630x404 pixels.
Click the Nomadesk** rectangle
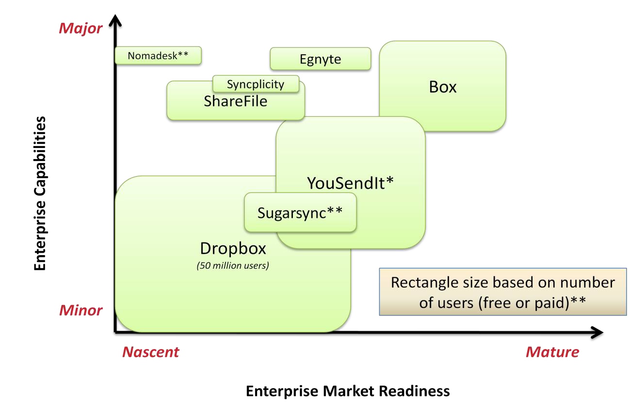point(158,55)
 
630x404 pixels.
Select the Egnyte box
point(320,59)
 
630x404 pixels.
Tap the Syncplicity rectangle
point(256,84)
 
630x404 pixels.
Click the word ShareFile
point(236,101)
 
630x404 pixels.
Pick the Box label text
point(443,87)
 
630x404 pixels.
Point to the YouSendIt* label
point(350,183)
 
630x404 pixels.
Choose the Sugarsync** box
point(300,212)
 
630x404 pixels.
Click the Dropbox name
point(233,248)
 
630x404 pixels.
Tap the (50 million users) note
point(233,266)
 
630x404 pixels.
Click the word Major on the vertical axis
point(81,28)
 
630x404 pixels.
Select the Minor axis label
point(81,310)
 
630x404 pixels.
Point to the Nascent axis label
point(150,352)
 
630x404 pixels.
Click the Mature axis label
point(552,352)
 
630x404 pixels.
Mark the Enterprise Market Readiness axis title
point(348,391)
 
